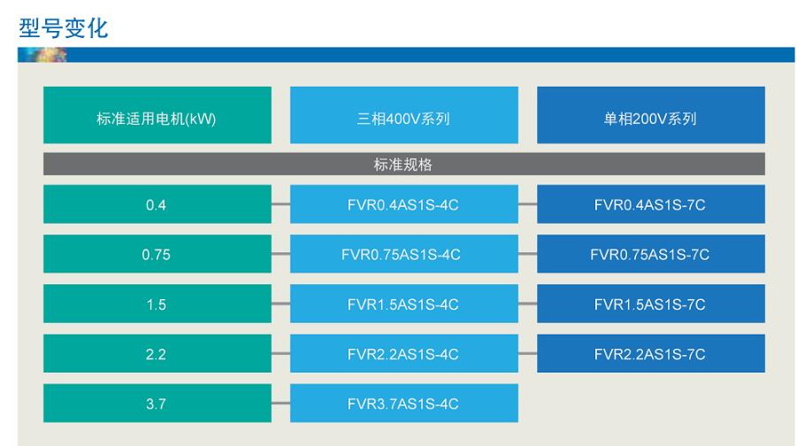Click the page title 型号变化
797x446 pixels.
pos(64,28)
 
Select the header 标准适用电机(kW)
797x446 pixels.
pos(157,115)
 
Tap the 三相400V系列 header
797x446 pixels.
pos(404,115)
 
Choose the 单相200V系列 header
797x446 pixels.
pos(651,115)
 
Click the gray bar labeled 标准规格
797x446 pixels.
pos(404,164)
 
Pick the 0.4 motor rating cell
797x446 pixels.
pos(157,204)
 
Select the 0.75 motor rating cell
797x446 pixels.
pos(157,254)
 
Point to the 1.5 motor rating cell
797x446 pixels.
pos(157,304)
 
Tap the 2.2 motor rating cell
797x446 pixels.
pos(157,353)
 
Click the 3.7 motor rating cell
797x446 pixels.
pos(157,404)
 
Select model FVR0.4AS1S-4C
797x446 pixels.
pos(404,204)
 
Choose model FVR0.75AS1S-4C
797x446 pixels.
pos(404,254)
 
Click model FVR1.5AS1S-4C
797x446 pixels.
pos(404,304)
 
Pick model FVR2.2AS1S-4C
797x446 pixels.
pos(404,353)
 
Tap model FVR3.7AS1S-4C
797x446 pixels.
pos(404,404)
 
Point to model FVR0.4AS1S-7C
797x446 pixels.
pos(651,204)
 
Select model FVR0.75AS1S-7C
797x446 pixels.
pos(651,254)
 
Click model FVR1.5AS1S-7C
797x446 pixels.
pos(651,304)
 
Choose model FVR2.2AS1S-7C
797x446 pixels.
pos(651,353)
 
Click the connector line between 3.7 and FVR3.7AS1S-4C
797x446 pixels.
pos(280,404)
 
